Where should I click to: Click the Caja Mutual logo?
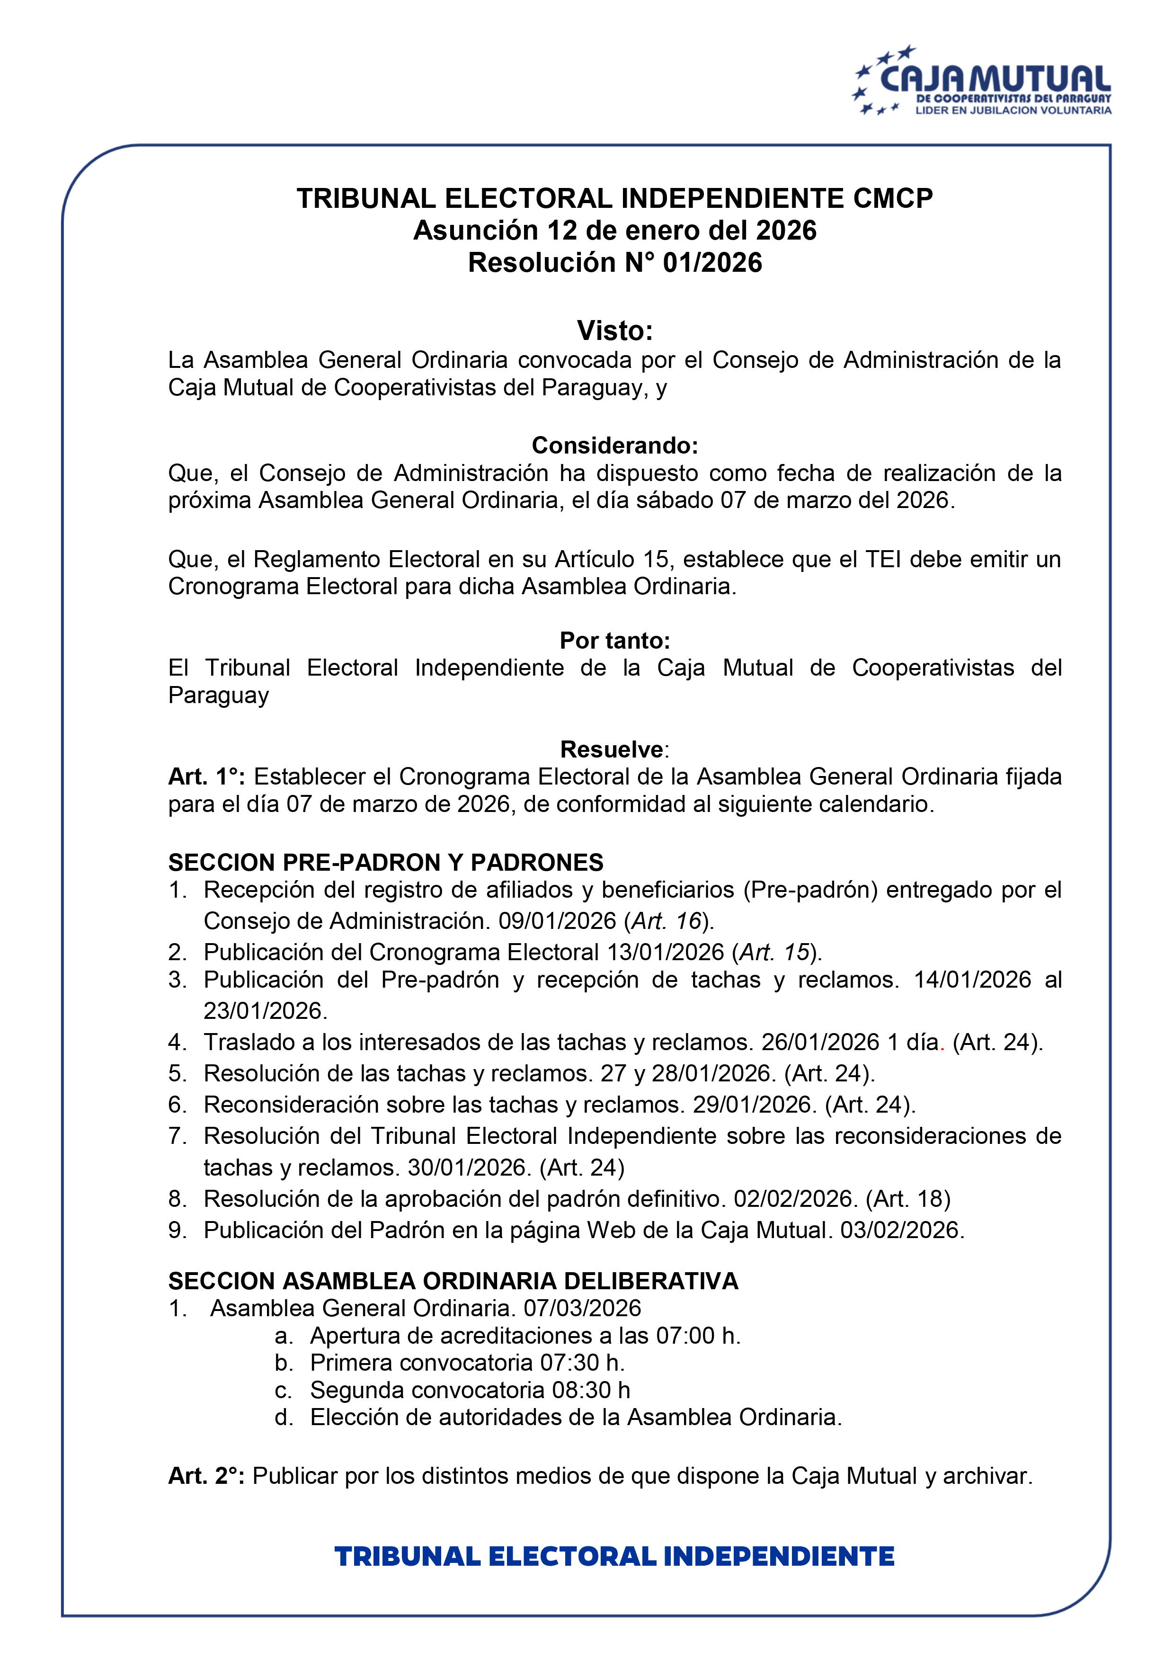[982, 81]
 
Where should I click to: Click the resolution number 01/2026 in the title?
[712, 263]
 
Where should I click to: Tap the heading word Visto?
[615, 331]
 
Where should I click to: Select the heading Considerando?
[615, 445]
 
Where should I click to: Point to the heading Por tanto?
[615, 640]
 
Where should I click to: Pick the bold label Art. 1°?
[206, 777]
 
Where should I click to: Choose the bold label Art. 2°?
[206, 1475]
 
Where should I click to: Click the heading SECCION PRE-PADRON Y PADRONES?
[386, 862]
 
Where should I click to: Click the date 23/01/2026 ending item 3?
[264, 1010]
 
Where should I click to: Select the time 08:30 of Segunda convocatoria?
[582, 1390]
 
